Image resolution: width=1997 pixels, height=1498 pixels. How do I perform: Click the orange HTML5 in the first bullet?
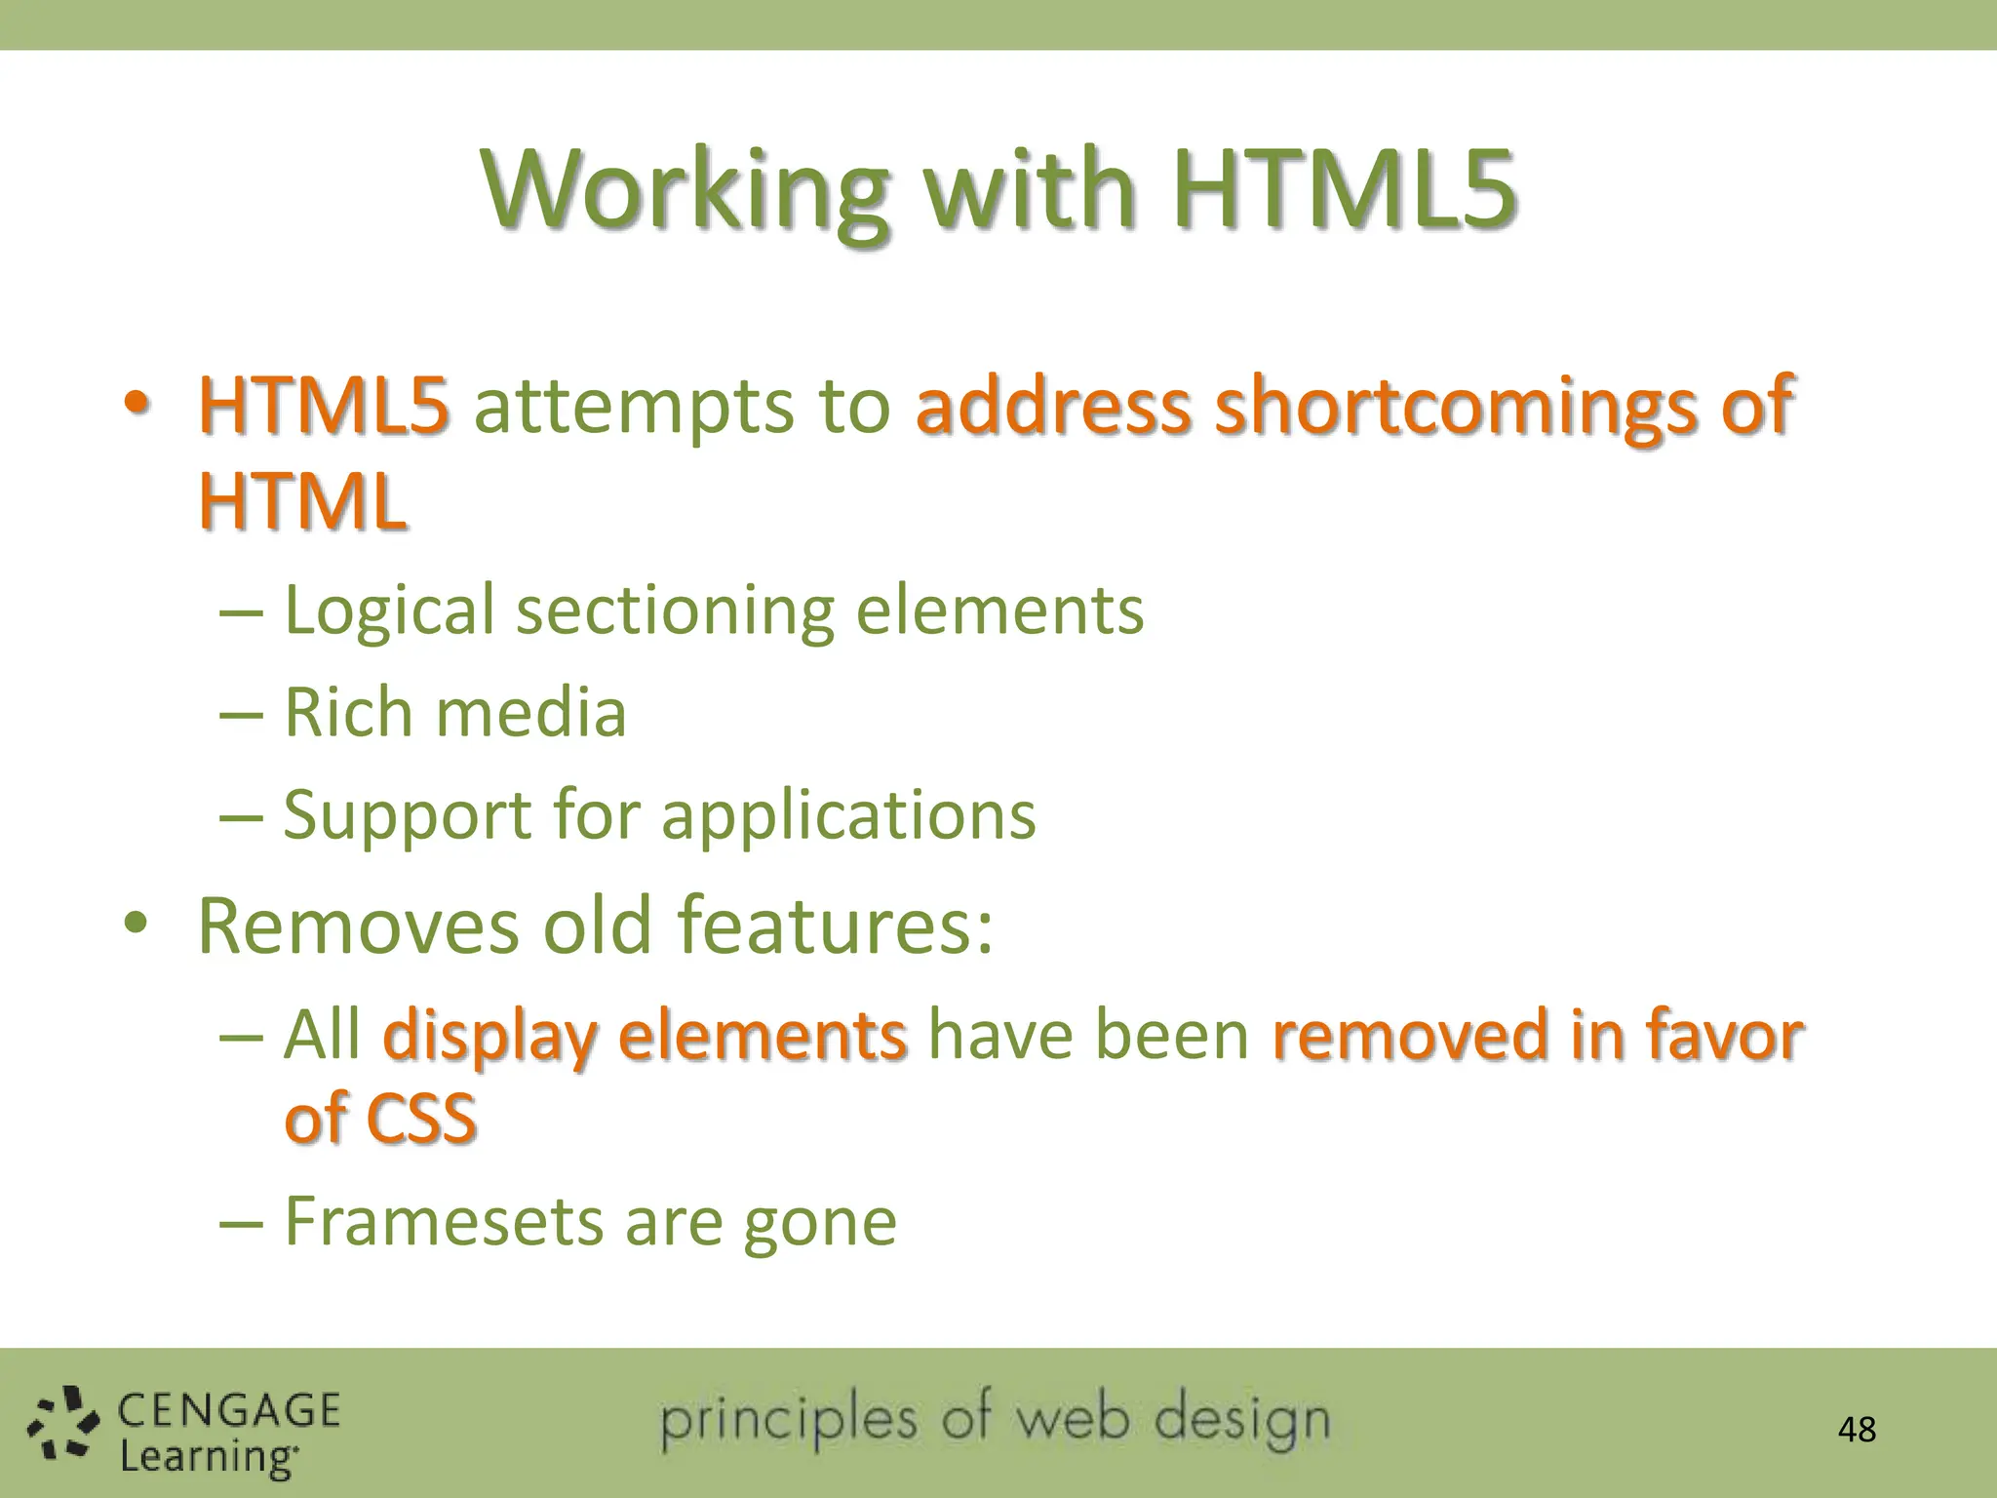click(324, 405)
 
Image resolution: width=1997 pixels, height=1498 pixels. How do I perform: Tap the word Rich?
click(348, 712)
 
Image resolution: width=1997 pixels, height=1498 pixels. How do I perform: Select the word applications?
click(848, 815)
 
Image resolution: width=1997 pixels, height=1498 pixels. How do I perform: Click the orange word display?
click(489, 1036)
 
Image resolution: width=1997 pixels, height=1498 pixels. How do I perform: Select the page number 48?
click(1857, 1430)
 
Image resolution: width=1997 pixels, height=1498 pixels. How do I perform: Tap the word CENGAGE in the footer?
click(229, 1410)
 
